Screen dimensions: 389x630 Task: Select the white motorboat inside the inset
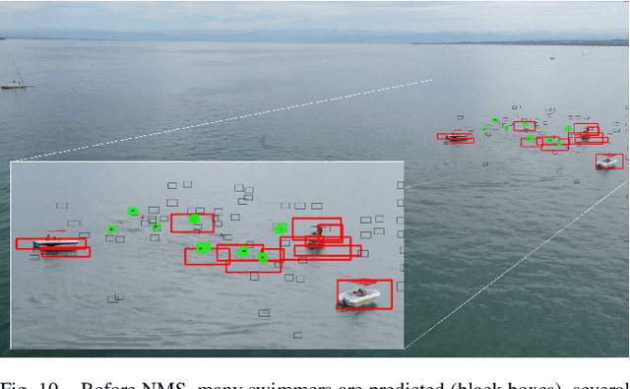tap(359, 294)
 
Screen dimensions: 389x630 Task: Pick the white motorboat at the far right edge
tap(608, 160)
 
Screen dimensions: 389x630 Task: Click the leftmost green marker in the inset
tap(112, 228)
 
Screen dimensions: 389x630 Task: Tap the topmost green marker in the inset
tap(132, 210)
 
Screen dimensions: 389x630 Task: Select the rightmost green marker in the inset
tap(281, 228)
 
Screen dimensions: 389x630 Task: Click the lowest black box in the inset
tap(264, 313)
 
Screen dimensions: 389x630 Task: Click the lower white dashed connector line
tap(512, 265)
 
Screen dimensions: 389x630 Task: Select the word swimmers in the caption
tap(283, 382)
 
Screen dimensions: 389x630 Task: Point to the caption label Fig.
tap(17, 382)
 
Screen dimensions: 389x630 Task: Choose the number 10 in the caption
tap(47, 382)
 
